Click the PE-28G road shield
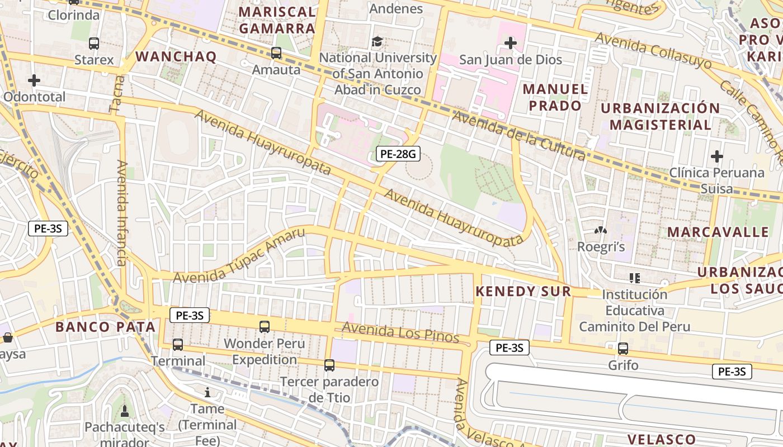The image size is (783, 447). [398, 154]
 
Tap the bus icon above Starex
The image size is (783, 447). [94, 43]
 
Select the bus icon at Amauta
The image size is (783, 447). [276, 53]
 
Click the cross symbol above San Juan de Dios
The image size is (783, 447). [510, 42]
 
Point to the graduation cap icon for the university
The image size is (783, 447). [378, 41]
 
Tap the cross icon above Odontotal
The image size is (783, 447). [34, 80]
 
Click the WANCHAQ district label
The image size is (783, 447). [176, 56]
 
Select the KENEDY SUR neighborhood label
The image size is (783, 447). [523, 291]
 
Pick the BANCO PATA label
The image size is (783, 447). [105, 327]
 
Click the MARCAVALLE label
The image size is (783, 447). [718, 232]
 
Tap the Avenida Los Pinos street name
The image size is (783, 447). [400, 332]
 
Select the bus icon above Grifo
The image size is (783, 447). [623, 349]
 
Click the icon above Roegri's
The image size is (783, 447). [600, 230]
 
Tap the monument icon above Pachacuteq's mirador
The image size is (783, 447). [124, 411]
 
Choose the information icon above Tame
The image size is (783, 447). [208, 392]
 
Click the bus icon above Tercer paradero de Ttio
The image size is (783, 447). [329, 365]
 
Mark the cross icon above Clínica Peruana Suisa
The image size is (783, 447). [716, 156]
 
